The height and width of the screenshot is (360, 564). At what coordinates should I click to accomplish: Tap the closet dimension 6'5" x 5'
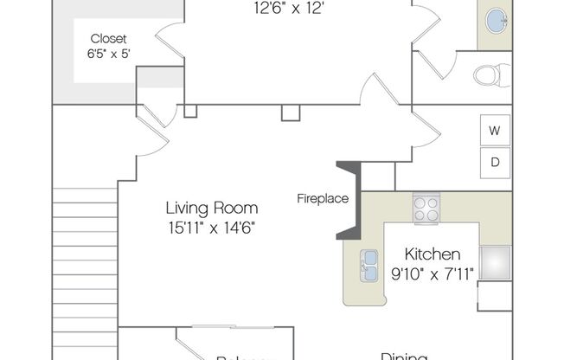pos(110,54)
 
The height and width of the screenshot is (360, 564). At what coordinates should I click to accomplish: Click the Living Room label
pos(212,208)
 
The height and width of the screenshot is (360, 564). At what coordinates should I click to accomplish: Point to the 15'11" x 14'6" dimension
pos(212,228)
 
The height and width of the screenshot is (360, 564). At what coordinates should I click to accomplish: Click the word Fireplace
pos(323,198)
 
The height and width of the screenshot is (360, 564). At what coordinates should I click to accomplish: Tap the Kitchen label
pos(433,254)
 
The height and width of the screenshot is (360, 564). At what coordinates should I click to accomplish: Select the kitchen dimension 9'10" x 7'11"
pos(433,275)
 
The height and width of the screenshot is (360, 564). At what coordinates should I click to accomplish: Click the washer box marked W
pos(495,132)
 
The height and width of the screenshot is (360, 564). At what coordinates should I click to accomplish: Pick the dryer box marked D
pos(495,161)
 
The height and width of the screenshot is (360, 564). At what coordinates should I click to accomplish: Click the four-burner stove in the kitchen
pos(426,208)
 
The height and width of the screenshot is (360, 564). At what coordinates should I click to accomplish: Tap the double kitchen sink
pos(369,265)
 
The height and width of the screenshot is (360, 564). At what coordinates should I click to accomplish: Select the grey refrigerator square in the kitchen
pos(496,262)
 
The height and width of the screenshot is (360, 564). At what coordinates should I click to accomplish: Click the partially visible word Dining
pos(404,355)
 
